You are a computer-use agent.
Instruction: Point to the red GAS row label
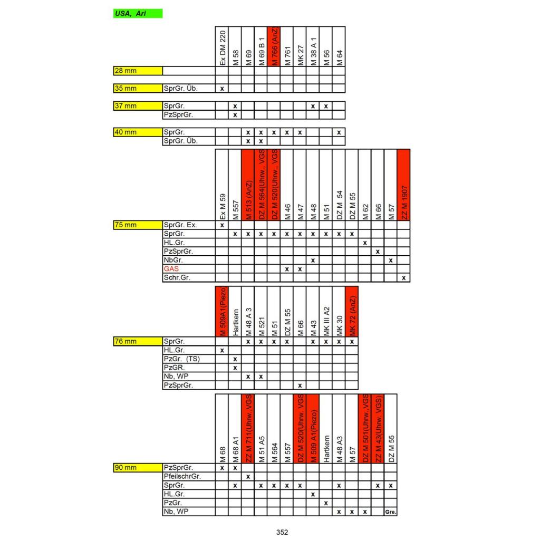click(x=171, y=269)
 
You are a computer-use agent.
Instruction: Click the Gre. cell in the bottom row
click(x=391, y=512)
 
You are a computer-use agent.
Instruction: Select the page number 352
click(x=282, y=532)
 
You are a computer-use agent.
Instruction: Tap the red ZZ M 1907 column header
click(x=403, y=185)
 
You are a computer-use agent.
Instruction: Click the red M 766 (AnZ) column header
click(x=274, y=46)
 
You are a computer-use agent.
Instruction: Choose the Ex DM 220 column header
click(x=222, y=46)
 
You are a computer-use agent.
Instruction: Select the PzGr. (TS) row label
click(x=181, y=359)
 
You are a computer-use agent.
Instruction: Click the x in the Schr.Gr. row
click(x=403, y=277)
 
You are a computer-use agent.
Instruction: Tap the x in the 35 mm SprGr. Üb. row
click(x=222, y=88)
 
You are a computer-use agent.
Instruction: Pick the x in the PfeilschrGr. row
click(x=248, y=476)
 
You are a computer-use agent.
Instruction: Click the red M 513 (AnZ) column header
click(x=248, y=185)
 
